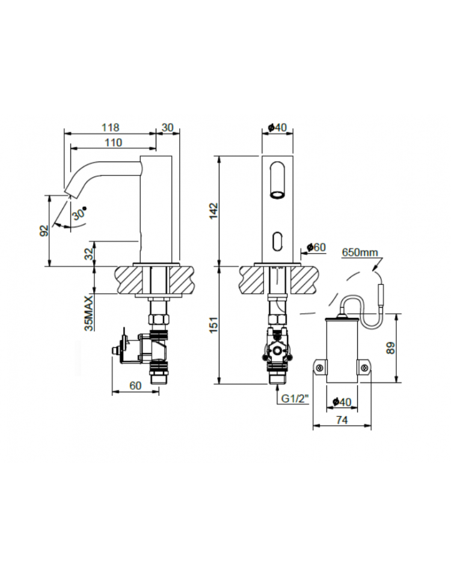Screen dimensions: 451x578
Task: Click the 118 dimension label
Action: pos(111,127)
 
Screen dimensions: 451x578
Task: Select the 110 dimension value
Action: pos(113,142)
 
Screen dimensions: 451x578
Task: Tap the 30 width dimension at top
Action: pos(167,127)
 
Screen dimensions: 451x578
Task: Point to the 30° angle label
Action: pos(79,213)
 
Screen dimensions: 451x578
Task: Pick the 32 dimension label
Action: pos(90,253)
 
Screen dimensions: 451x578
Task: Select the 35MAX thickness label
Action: pos(90,313)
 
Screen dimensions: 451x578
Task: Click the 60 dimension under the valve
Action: pos(135,386)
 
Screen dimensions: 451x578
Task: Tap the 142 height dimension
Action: pos(214,210)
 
